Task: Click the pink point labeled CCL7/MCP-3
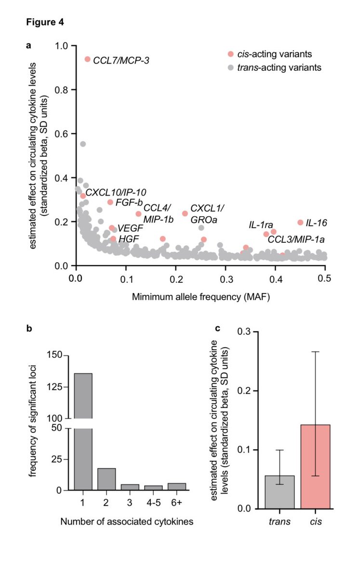tap(87, 59)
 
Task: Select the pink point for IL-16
tap(300, 223)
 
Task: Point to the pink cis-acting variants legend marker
tap(231, 54)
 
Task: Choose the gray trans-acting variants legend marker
tap(231, 67)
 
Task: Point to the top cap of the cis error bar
tap(315, 352)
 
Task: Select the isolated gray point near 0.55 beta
tap(83, 144)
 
